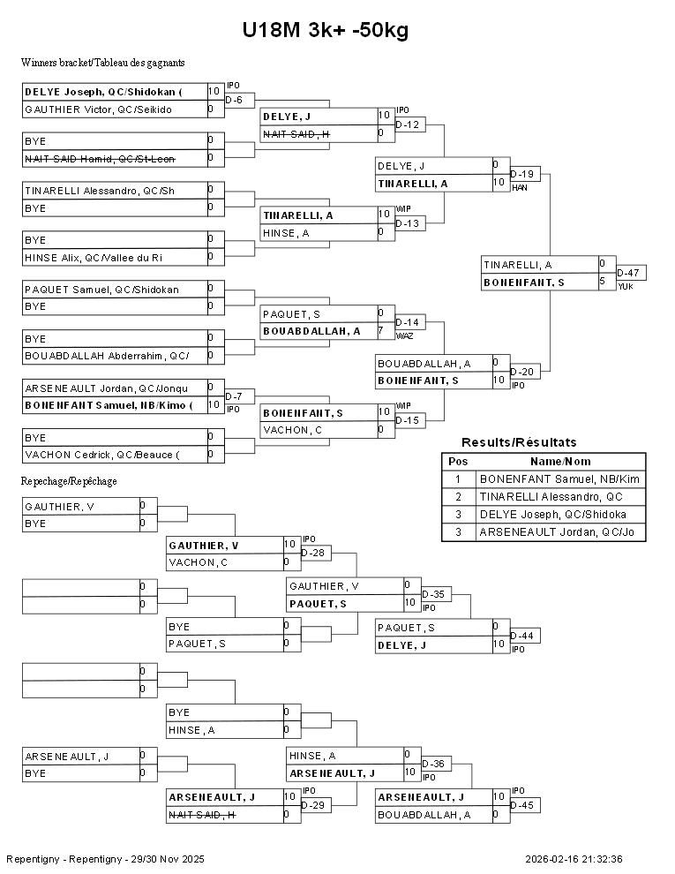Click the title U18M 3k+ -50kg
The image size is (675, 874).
pos(326,31)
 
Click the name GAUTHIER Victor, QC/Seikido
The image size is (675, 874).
pos(98,109)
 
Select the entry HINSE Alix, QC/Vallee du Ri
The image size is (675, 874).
pos(93,257)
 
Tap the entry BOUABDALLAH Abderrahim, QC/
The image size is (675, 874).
pos(106,356)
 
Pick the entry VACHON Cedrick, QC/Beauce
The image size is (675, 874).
pos(101,455)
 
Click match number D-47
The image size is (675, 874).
pos(629,273)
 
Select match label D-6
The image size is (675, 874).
pos(234,101)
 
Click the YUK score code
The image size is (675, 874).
pos(625,287)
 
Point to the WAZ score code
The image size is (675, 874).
pos(404,336)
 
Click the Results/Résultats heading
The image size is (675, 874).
pos(519,442)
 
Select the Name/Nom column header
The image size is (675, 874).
pos(560,462)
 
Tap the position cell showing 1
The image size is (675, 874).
pos(458,479)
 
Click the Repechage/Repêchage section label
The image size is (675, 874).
pos(69,481)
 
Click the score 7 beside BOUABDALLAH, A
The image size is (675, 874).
pos(380,331)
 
